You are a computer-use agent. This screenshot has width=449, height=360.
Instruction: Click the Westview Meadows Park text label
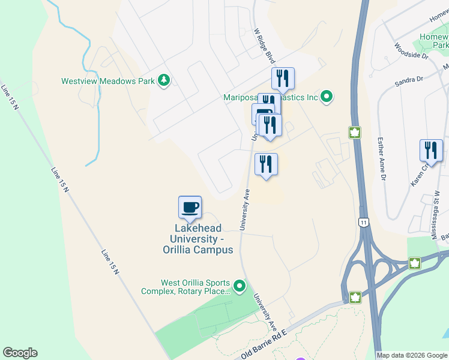pos(107,81)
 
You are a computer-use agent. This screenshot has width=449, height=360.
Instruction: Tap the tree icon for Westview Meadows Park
pos(163,80)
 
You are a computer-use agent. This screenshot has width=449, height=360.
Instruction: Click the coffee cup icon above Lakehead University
pos(190,208)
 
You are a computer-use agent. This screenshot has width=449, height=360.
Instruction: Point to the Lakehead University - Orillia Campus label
pos(197,239)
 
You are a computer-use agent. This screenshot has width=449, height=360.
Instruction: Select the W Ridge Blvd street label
pos(264,46)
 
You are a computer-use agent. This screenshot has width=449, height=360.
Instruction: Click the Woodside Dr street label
pos(411,50)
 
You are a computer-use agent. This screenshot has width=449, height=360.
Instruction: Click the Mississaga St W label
pos(435,216)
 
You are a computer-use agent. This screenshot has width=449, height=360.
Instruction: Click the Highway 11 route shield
pos(364,223)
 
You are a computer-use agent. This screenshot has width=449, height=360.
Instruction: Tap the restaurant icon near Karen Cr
pos(431,151)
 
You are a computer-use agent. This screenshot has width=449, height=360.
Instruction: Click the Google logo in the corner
pos(20,353)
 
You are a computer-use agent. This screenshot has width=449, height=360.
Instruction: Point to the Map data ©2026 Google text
pos(412,355)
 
